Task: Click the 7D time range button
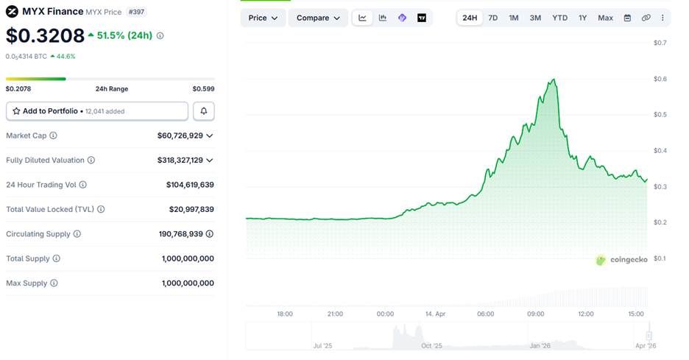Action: point(493,18)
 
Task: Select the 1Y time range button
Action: point(582,18)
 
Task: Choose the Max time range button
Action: point(605,18)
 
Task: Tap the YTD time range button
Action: point(559,18)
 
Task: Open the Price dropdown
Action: point(263,18)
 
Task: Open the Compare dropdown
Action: point(318,18)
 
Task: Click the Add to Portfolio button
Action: point(97,111)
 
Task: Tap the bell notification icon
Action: point(204,111)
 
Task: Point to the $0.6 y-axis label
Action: point(660,79)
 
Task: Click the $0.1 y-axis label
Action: point(660,258)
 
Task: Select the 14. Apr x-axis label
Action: point(436,314)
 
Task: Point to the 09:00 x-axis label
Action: point(535,314)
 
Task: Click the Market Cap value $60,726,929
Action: point(180,135)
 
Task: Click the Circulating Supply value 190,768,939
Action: point(180,234)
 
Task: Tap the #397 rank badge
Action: point(136,12)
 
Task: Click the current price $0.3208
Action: point(45,35)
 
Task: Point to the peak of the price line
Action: point(554,80)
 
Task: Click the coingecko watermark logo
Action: point(621,260)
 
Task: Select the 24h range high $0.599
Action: point(203,89)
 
